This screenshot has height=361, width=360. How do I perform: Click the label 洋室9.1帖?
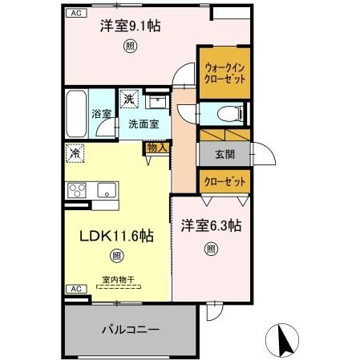tap(129, 26)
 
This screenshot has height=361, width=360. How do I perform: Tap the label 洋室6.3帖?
tap(210, 227)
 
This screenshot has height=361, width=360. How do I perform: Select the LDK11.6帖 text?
tap(115, 236)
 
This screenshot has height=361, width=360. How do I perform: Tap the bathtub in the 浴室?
tap(77, 112)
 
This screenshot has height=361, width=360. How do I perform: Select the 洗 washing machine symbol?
tap(128, 100)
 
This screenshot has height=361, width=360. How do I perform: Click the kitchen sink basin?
tap(105, 190)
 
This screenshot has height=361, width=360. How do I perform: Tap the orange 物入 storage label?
tap(156, 147)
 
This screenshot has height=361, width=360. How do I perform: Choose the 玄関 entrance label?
tap(224, 153)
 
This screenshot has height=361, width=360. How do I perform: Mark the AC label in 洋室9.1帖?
tap(75, 14)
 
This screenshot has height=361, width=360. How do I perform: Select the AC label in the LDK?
tap(75, 288)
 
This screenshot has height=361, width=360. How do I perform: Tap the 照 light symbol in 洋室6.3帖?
tap(210, 249)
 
